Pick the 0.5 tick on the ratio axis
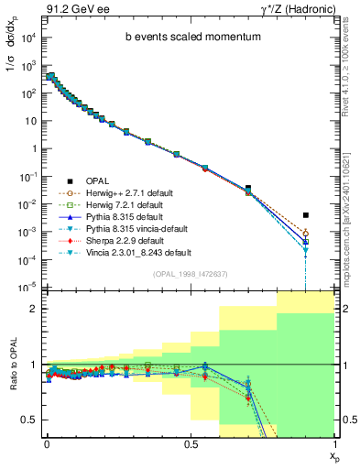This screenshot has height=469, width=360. click(29, 420)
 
